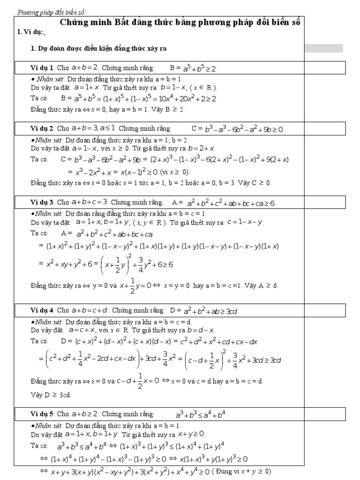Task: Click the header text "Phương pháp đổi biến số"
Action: pyautogui.click(x=51, y=13)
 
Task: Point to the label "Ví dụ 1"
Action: pyautogui.click(x=42, y=68)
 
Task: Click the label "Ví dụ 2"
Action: pyautogui.click(x=42, y=128)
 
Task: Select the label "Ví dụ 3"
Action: pyautogui.click(x=42, y=202)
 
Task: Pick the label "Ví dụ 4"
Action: pyautogui.click(x=42, y=310)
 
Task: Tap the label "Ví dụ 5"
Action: pyautogui.click(x=42, y=414)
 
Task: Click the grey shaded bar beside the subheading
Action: pyautogui.click(x=324, y=48)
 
